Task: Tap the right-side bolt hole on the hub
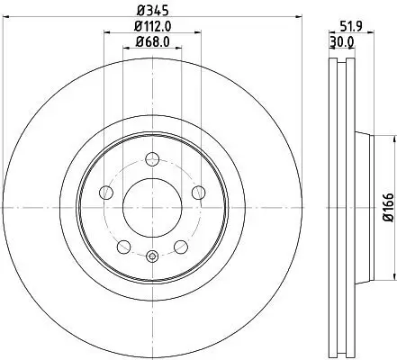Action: coord(197,192)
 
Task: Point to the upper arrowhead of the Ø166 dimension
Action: coord(393,139)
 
